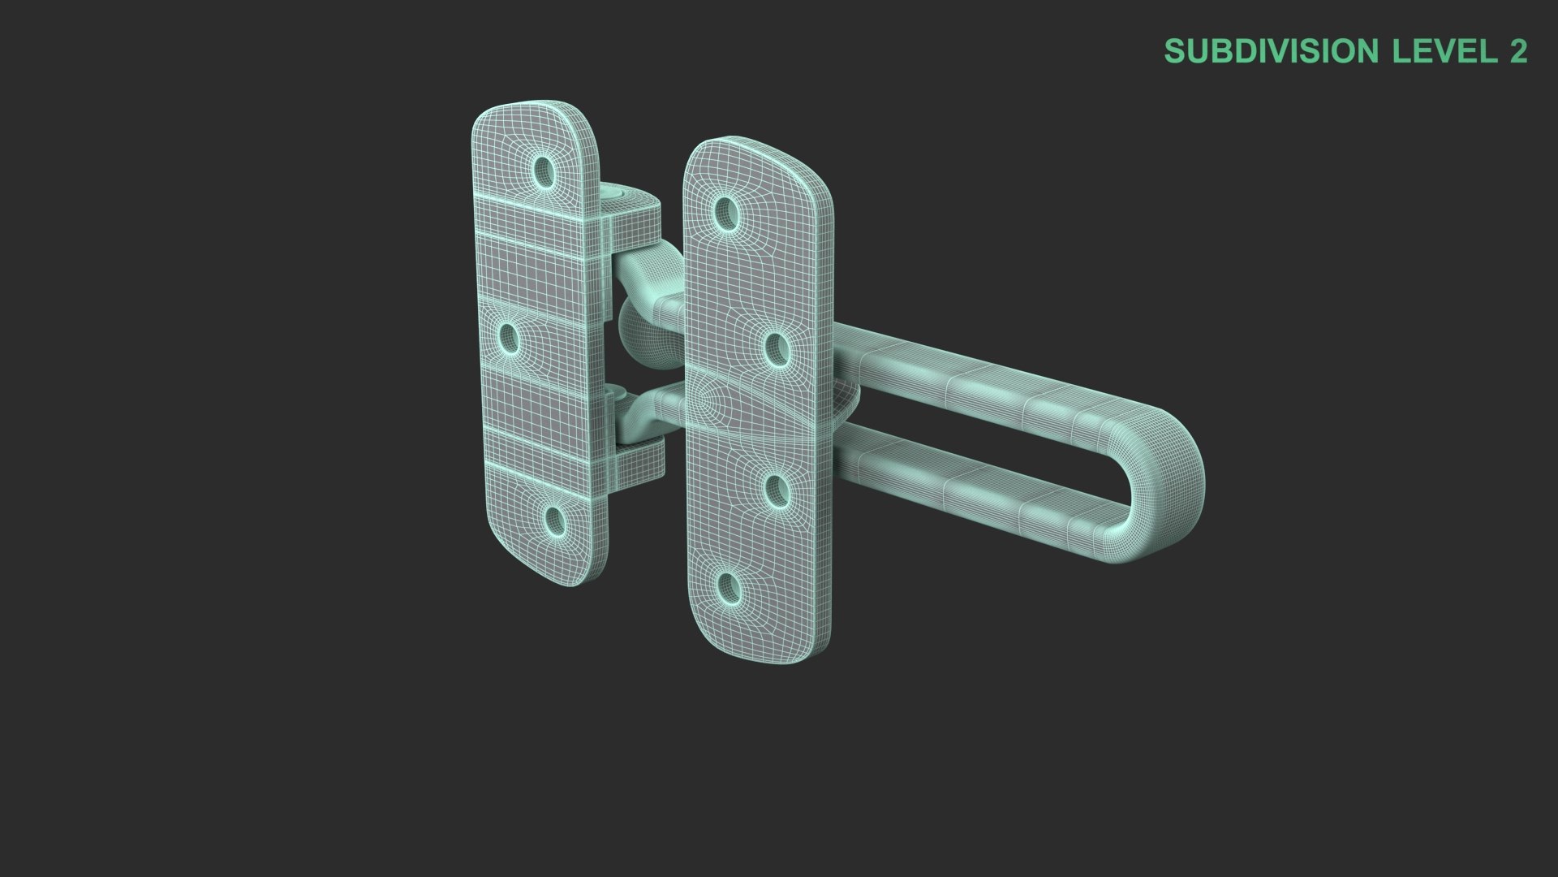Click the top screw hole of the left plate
(x=544, y=169)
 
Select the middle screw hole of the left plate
(x=510, y=339)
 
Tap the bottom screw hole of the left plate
(x=554, y=521)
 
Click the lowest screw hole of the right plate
(x=728, y=586)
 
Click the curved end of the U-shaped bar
(x=1168, y=487)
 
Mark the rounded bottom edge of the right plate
(x=755, y=654)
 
